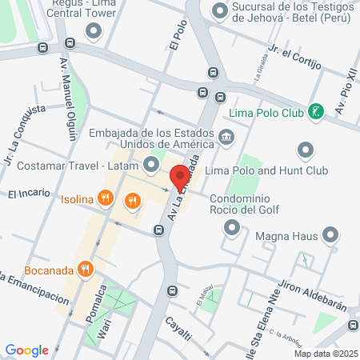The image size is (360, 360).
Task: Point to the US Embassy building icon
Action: pos(227,138)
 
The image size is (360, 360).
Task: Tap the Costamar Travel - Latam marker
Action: pos(152,165)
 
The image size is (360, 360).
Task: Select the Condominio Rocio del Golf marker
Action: pos(232,229)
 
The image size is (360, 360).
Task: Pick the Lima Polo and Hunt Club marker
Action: pos(304,150)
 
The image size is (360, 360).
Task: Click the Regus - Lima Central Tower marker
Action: pos(94,31)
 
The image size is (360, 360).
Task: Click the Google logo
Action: pos(26,350)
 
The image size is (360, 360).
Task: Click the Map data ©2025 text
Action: pos(324,354)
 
